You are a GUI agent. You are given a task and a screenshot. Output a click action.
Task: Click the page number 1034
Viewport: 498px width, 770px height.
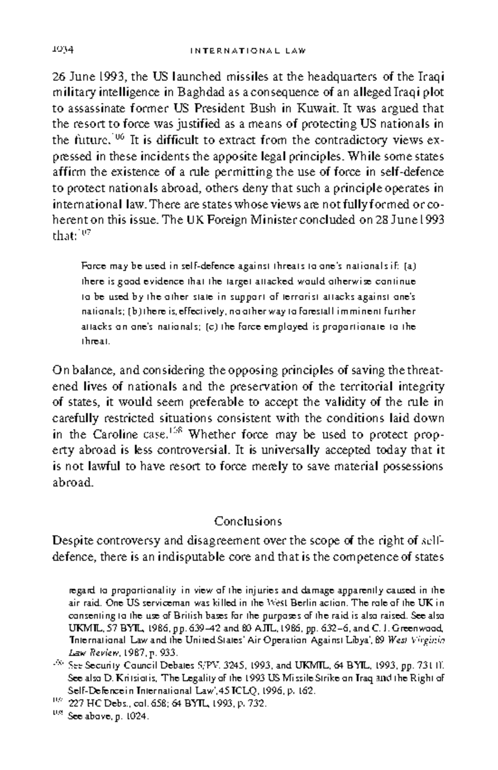click(x=63, y=50)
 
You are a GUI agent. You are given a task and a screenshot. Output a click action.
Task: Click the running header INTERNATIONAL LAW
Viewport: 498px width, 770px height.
click(x=248, y=51)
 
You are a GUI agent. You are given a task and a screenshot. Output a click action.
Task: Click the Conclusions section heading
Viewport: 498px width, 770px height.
click(x=248, y=521)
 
